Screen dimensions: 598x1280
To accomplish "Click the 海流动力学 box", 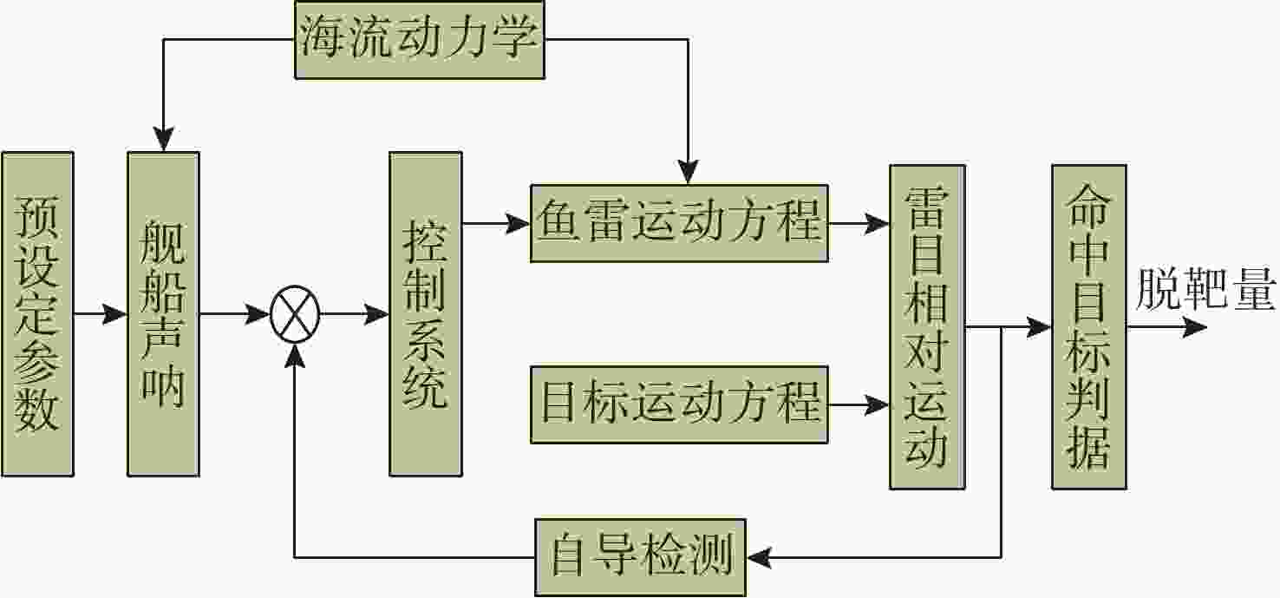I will [x=420, y=41].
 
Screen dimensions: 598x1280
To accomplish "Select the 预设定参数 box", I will [x=37, y=314].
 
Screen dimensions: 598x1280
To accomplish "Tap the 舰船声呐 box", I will [x=163, y=314].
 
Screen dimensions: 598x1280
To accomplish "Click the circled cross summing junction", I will [x=295, y=315].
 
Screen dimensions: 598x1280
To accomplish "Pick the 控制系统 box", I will [x=425, y=314].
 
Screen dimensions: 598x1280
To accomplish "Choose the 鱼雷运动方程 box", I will [x=679, y=222].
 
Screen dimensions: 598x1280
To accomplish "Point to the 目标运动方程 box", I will [x=679, y=404].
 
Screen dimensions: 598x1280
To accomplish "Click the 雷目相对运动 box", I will [x=927, y=327].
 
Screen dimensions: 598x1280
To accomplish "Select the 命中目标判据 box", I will [x=1088, y=326].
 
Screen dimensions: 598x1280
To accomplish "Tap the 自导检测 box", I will [x=640, y=556].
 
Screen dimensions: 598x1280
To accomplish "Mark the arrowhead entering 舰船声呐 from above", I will [x=163, y=140].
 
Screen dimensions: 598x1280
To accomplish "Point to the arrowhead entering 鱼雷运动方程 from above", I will [x=687, y=173].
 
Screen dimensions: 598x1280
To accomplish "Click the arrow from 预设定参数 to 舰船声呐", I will [x=100, y=314].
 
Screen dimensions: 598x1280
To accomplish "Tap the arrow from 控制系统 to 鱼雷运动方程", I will [x=496, y=224].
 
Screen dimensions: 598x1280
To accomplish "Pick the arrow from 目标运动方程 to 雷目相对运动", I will [x=859, y=404].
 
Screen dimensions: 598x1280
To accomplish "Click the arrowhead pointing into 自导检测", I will [x=760, y=556].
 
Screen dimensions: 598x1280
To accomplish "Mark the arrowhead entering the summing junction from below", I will [x=295, y=353].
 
